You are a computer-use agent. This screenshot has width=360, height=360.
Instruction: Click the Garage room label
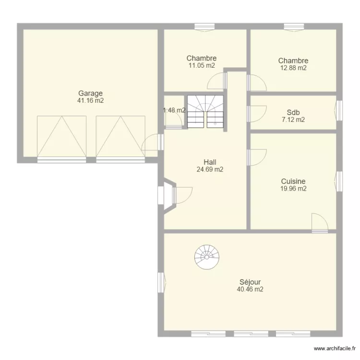(90, 94)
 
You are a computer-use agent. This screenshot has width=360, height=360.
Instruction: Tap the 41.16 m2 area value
(90, 101)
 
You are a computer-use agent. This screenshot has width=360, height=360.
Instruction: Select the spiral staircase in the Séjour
(206, 257)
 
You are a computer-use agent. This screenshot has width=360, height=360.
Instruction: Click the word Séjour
(250, 282)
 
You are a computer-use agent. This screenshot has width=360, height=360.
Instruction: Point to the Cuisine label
(293, 181)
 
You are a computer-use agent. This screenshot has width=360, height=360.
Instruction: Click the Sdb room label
(293, 112)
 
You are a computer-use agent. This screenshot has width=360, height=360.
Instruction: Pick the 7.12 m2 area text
(293, 120)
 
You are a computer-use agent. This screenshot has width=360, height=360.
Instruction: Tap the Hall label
(210, 162)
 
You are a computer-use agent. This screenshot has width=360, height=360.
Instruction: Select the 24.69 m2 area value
(210, 169)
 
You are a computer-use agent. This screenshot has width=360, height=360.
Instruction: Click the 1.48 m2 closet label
(174, 110)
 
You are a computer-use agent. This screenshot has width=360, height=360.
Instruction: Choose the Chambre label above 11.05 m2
(201, 58)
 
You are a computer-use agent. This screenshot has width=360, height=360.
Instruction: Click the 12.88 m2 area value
(293, 68)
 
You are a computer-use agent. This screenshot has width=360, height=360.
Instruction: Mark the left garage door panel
(61, 136)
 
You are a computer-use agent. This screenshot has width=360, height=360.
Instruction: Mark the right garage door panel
(120, 136)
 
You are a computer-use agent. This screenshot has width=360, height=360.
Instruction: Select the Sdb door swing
(257, 114)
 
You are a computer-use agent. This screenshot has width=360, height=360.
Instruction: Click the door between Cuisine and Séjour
(320, 223)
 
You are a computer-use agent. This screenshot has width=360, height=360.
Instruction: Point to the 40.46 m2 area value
(250, 289)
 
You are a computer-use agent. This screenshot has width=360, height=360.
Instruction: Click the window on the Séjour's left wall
(161, 283)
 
